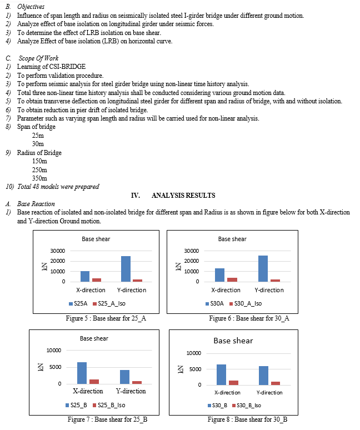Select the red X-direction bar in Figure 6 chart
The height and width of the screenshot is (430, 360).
pyautogui.click(x=232, y=279)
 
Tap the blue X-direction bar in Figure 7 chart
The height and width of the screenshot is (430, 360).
pyautogui.click(x=82, y=373)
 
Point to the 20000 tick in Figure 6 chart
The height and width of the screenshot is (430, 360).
pyautogui.click(x=191, y=261)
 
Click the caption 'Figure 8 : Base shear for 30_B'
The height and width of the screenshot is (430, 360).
pyautogui.click(x=247, y=419)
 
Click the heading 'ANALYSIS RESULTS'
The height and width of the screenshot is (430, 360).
pyautogui.click(x=183, y=196)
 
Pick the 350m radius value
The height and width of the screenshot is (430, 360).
pyautogui.click(x=40, y=178)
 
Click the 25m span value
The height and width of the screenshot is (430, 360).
pyautogui.click(x=38, y=135)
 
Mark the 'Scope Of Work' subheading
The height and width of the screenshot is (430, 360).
pyautogui.click(x=38, y=58)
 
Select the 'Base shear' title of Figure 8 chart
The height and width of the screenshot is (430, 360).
pyautogui.click(x=233, y=341)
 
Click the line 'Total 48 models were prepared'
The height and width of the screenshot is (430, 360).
pyautogui.click(x=58, y=187)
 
